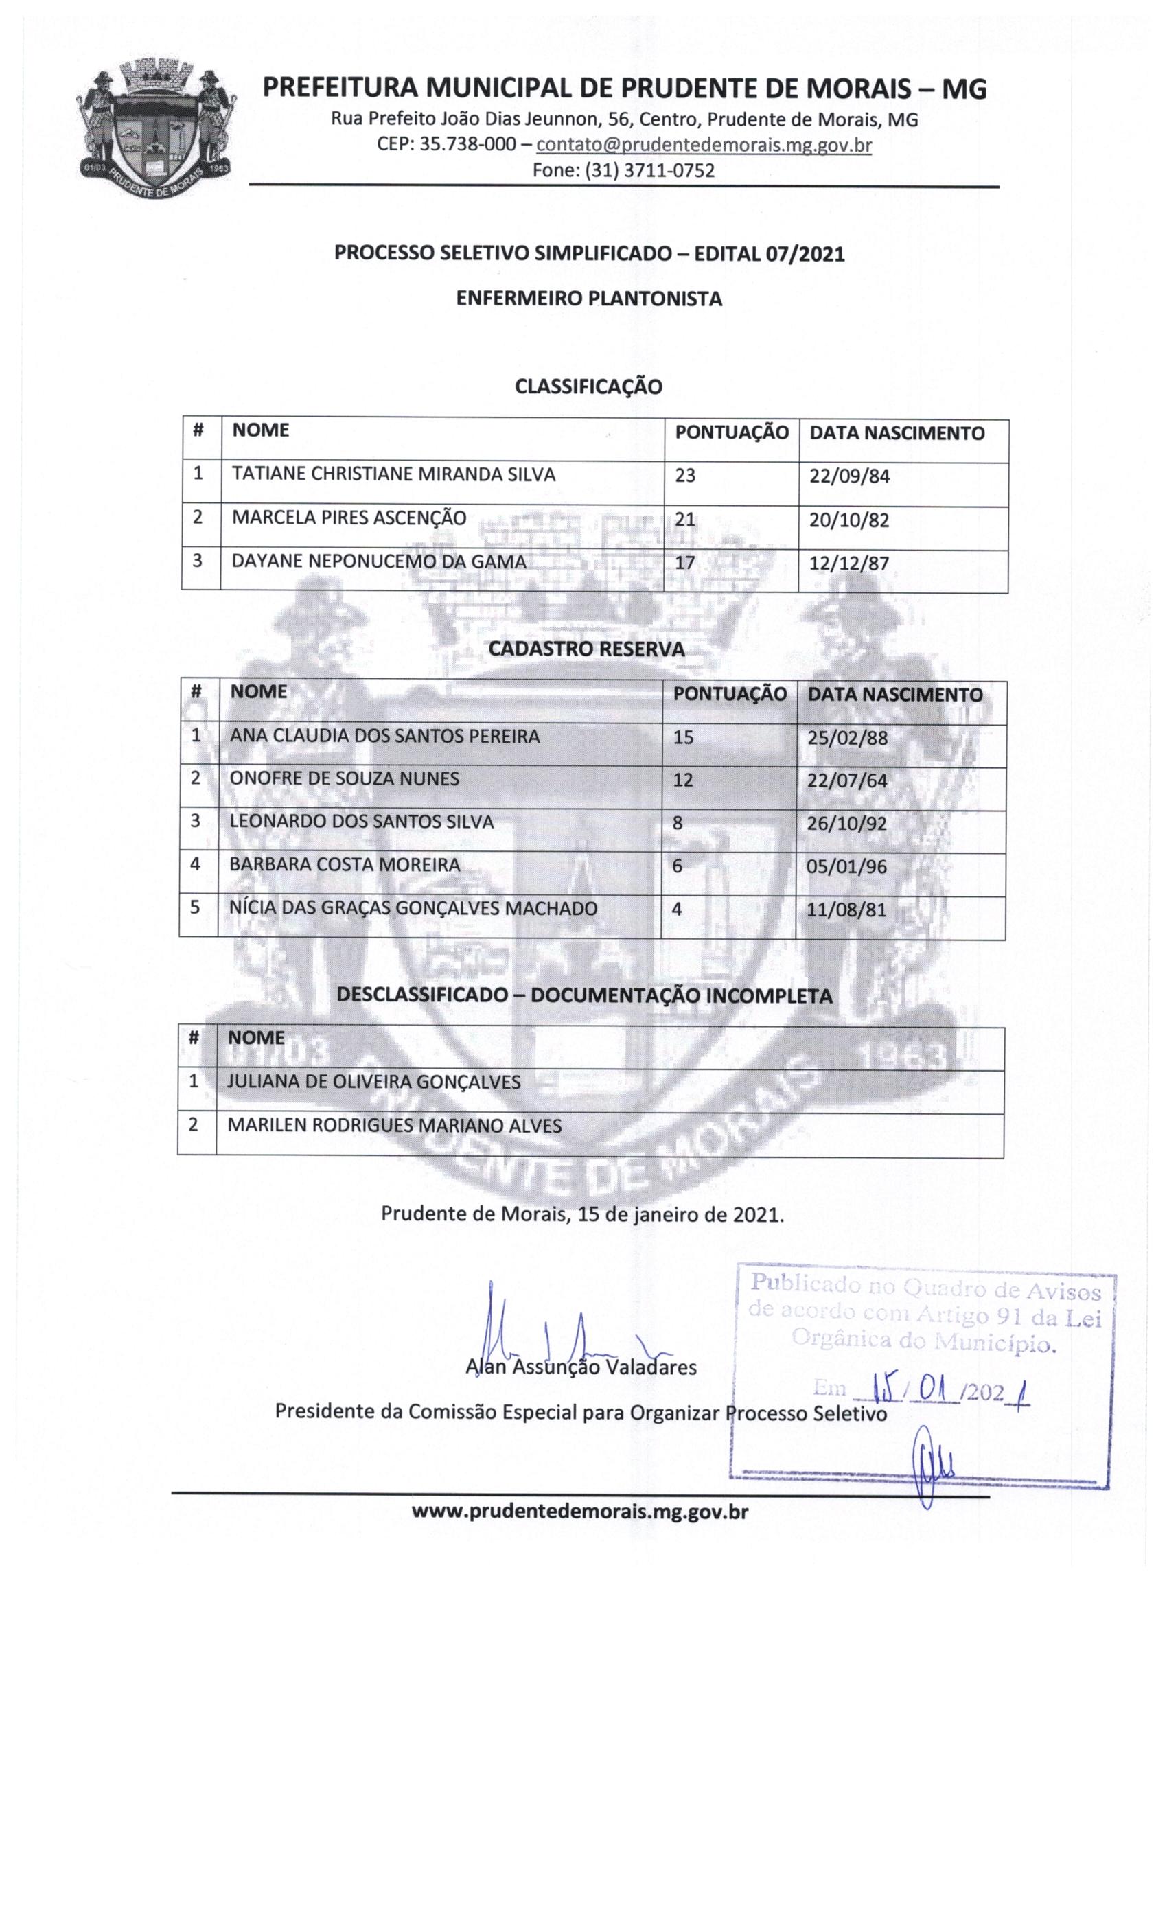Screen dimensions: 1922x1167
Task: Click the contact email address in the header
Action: click(x=703, y=145)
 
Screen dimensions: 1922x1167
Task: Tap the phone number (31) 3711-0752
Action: click(x=623, y=170)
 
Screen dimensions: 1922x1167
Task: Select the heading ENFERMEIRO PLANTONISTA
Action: click(x=589, y=299)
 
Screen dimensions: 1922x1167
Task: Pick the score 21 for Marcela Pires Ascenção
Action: click(x=684, y=520)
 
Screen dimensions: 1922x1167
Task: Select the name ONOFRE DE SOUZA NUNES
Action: click(x=344, y=778)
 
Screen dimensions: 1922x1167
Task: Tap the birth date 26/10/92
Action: click(x=846, y=823)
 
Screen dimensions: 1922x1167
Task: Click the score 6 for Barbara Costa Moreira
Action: click(x=677, y=865)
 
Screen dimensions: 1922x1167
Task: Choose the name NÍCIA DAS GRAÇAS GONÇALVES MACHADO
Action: click(x=413, y=908)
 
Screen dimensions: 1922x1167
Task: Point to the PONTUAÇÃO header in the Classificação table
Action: click(x=731, y=432)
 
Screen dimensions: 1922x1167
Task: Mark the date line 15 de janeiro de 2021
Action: click(x=582, y=1214)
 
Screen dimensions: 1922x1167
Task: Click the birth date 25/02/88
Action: click(x=847, y=737)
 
